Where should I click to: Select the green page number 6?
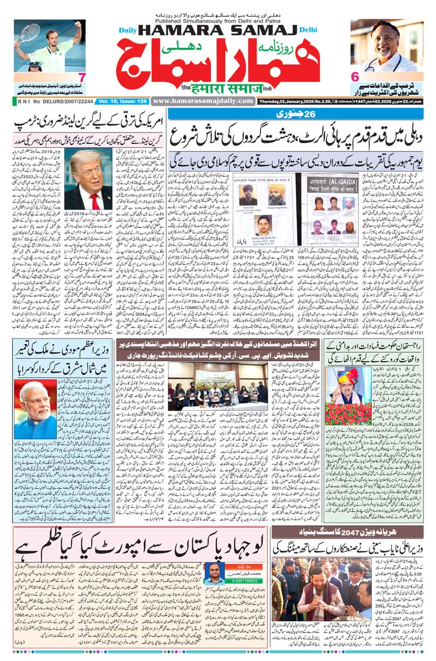click(355, 76)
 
